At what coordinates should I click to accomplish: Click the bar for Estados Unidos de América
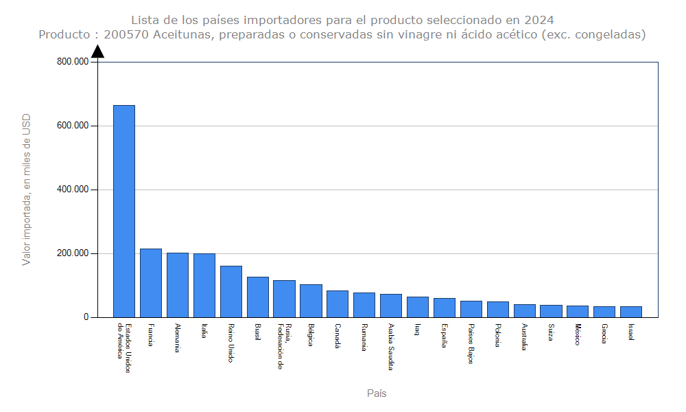124,211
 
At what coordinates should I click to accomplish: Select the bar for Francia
151,283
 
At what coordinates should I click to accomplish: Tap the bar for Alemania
178,285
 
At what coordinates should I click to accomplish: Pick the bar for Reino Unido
231,291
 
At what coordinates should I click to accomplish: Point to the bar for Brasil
258,297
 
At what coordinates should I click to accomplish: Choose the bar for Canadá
338,304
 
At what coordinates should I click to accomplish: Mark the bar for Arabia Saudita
391,306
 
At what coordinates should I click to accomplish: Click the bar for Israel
631,312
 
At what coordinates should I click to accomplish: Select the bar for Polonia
498,309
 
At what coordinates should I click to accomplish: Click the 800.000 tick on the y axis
73,62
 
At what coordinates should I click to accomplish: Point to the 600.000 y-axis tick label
73,126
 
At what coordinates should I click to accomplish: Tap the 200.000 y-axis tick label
73,253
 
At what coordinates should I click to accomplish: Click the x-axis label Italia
204,331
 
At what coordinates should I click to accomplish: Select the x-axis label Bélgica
311,334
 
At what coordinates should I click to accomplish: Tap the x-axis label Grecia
604,334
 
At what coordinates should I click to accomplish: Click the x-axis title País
377,393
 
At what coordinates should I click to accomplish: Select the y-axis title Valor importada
27,190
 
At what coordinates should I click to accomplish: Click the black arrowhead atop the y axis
98,51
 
